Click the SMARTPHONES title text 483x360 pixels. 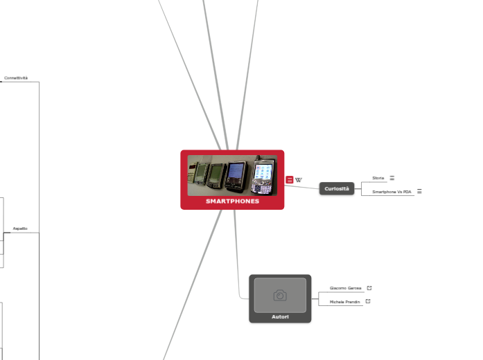coord(232,201)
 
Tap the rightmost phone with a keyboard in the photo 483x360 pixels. coord(263,176)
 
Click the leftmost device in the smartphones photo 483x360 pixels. coord(200,172)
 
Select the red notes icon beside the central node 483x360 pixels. coord(289,180)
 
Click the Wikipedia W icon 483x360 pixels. coord(299,180)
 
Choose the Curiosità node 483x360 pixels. coord(337,188)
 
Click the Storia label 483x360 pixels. coord(378,178)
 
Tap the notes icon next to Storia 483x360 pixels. coord(392,178)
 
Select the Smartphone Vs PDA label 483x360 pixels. coord(392,192)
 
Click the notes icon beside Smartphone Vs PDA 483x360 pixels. coord(419,191)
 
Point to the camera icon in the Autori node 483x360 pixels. coord(280,296)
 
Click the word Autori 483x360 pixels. coord(280,317)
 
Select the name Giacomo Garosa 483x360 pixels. coord(345,288)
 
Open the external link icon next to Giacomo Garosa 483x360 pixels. coord(369,287)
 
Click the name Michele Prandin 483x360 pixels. coord(344,302)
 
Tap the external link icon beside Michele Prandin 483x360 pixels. coord(368,301)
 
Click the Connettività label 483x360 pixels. coord(16,78)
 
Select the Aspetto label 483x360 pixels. coord(20,228)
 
